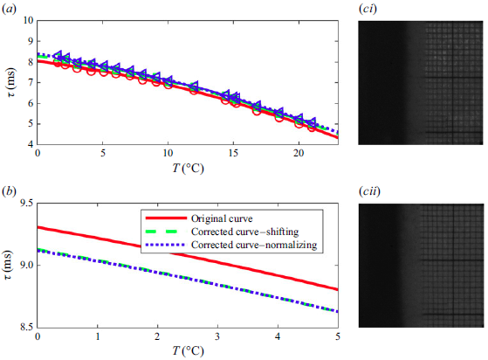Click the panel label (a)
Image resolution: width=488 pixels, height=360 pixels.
click(12, 10)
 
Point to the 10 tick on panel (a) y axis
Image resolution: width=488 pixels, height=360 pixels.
click(28, 20)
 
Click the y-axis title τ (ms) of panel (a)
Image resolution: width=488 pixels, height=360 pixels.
click(11, 83)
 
